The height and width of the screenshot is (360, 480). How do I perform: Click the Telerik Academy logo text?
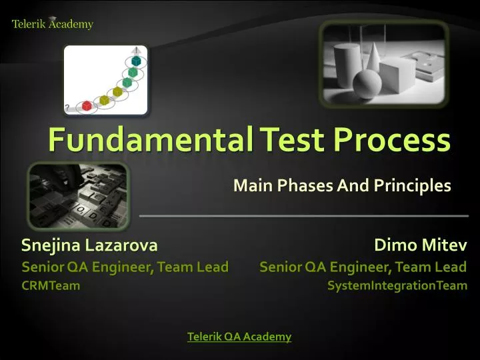click(53, 25)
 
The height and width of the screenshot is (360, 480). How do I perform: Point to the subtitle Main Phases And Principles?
click(342, 186)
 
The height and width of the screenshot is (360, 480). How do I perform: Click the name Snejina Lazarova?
click(89, 245)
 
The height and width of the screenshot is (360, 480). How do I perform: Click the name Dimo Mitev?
click(421, 245)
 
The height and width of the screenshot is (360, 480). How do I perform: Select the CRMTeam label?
click(51, 286)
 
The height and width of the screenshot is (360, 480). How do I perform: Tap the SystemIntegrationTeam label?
click(397, 286)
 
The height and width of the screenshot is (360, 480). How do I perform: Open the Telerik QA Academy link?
click(239, 337)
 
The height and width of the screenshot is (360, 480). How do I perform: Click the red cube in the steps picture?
click(87, 106)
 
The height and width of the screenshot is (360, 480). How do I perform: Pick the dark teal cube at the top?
click(136, 61)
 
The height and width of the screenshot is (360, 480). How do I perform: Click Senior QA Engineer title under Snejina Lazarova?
click(125, 267)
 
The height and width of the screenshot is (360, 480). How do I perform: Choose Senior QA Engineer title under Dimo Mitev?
click(363, 267)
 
